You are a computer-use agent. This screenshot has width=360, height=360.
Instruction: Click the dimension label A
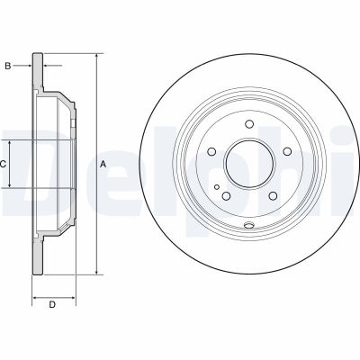pos(103,164)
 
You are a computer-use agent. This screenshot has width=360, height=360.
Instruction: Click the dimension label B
pos(8,66)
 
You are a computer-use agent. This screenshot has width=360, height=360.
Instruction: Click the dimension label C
pos(4,164)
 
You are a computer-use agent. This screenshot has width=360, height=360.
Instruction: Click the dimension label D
pos(51,305)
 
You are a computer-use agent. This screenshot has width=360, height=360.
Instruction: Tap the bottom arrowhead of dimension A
pos(96,271)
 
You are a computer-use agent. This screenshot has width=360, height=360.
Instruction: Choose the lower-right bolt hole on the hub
pos(269,192)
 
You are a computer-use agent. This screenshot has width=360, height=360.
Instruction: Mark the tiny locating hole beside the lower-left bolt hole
pos(217,182)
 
